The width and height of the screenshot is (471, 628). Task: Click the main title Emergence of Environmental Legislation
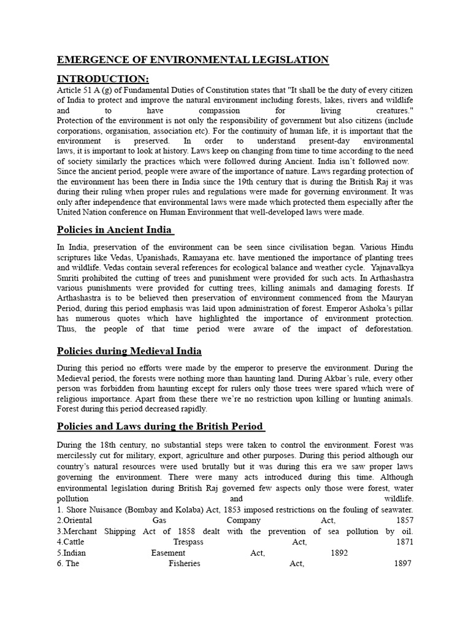[193, 60]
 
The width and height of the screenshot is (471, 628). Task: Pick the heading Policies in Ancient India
[114, 230]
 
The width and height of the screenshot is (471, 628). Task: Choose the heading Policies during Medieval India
[129, 351]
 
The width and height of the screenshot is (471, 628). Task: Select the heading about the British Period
[160, 426]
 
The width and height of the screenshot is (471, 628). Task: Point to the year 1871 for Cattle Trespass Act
[404, 542]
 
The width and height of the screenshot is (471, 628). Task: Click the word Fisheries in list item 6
[185, 564]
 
